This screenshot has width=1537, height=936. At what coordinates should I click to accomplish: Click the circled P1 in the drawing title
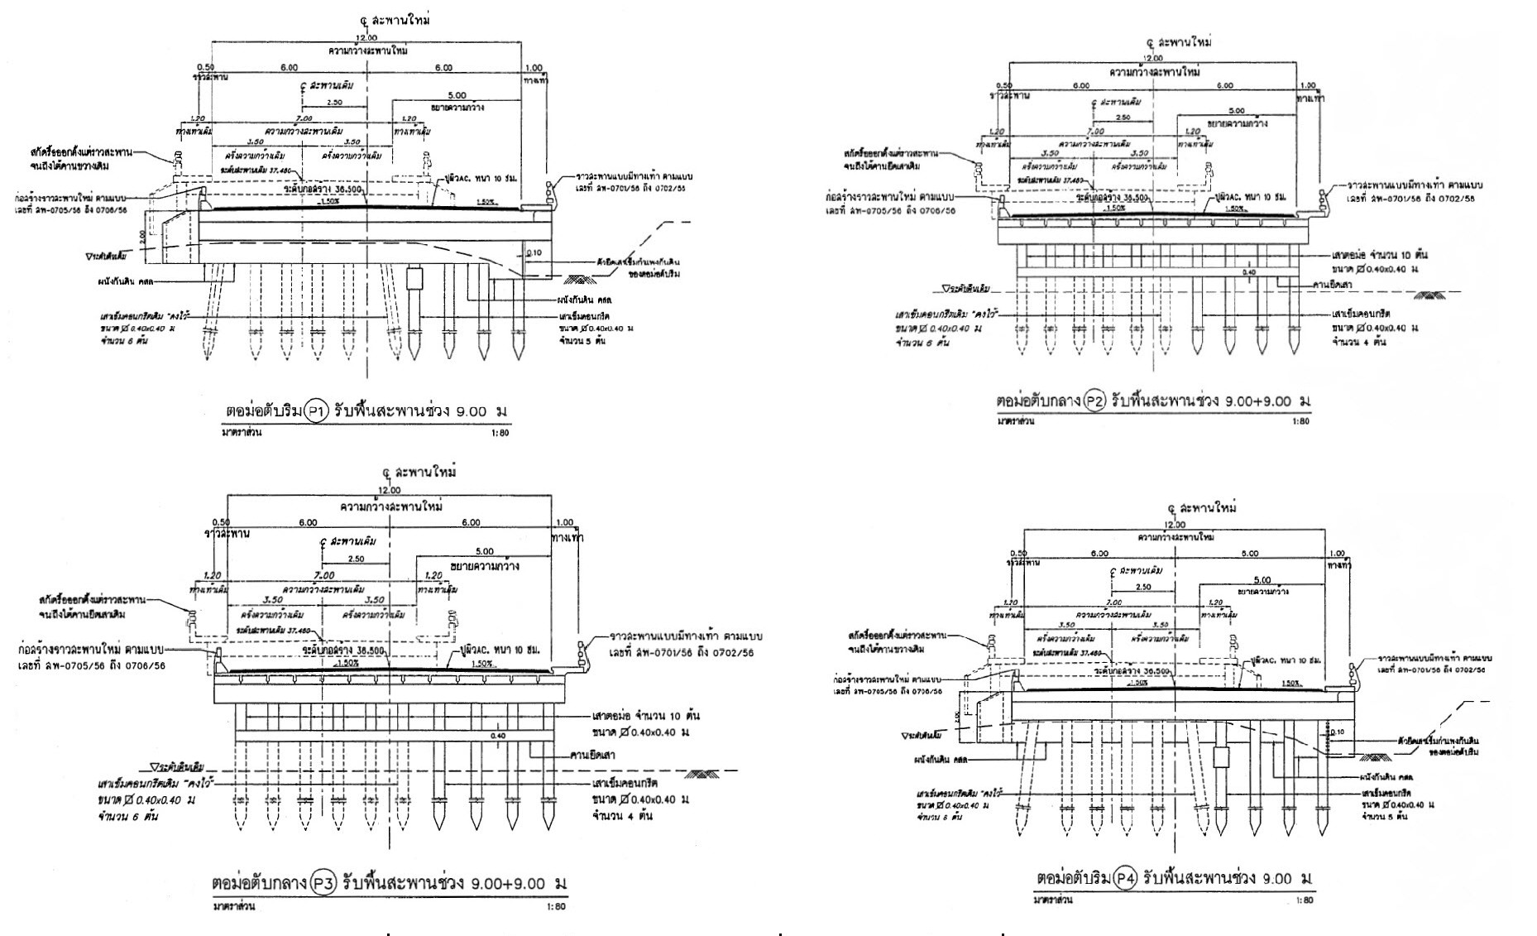[x=317, y=410]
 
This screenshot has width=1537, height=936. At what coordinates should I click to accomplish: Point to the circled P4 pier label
[x=1123, y=877]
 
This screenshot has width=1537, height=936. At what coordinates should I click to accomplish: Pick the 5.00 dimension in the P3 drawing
[x=485, y=551]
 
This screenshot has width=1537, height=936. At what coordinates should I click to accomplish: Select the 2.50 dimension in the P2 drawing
[x=1123, y=118]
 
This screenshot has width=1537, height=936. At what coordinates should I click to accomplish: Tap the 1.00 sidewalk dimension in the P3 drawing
[x=564, y=522]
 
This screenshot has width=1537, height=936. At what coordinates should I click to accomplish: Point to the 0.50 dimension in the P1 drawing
[x=205, y=67]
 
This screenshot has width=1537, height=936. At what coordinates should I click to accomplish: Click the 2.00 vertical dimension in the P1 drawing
[x=142, y=235]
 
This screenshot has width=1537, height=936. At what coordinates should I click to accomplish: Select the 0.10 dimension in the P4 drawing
[x=1339, y=732]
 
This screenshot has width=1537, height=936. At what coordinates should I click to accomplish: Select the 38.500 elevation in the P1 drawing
[x=367, y=189]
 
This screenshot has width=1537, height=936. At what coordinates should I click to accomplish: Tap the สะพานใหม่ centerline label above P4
[x=1208, y=508]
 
